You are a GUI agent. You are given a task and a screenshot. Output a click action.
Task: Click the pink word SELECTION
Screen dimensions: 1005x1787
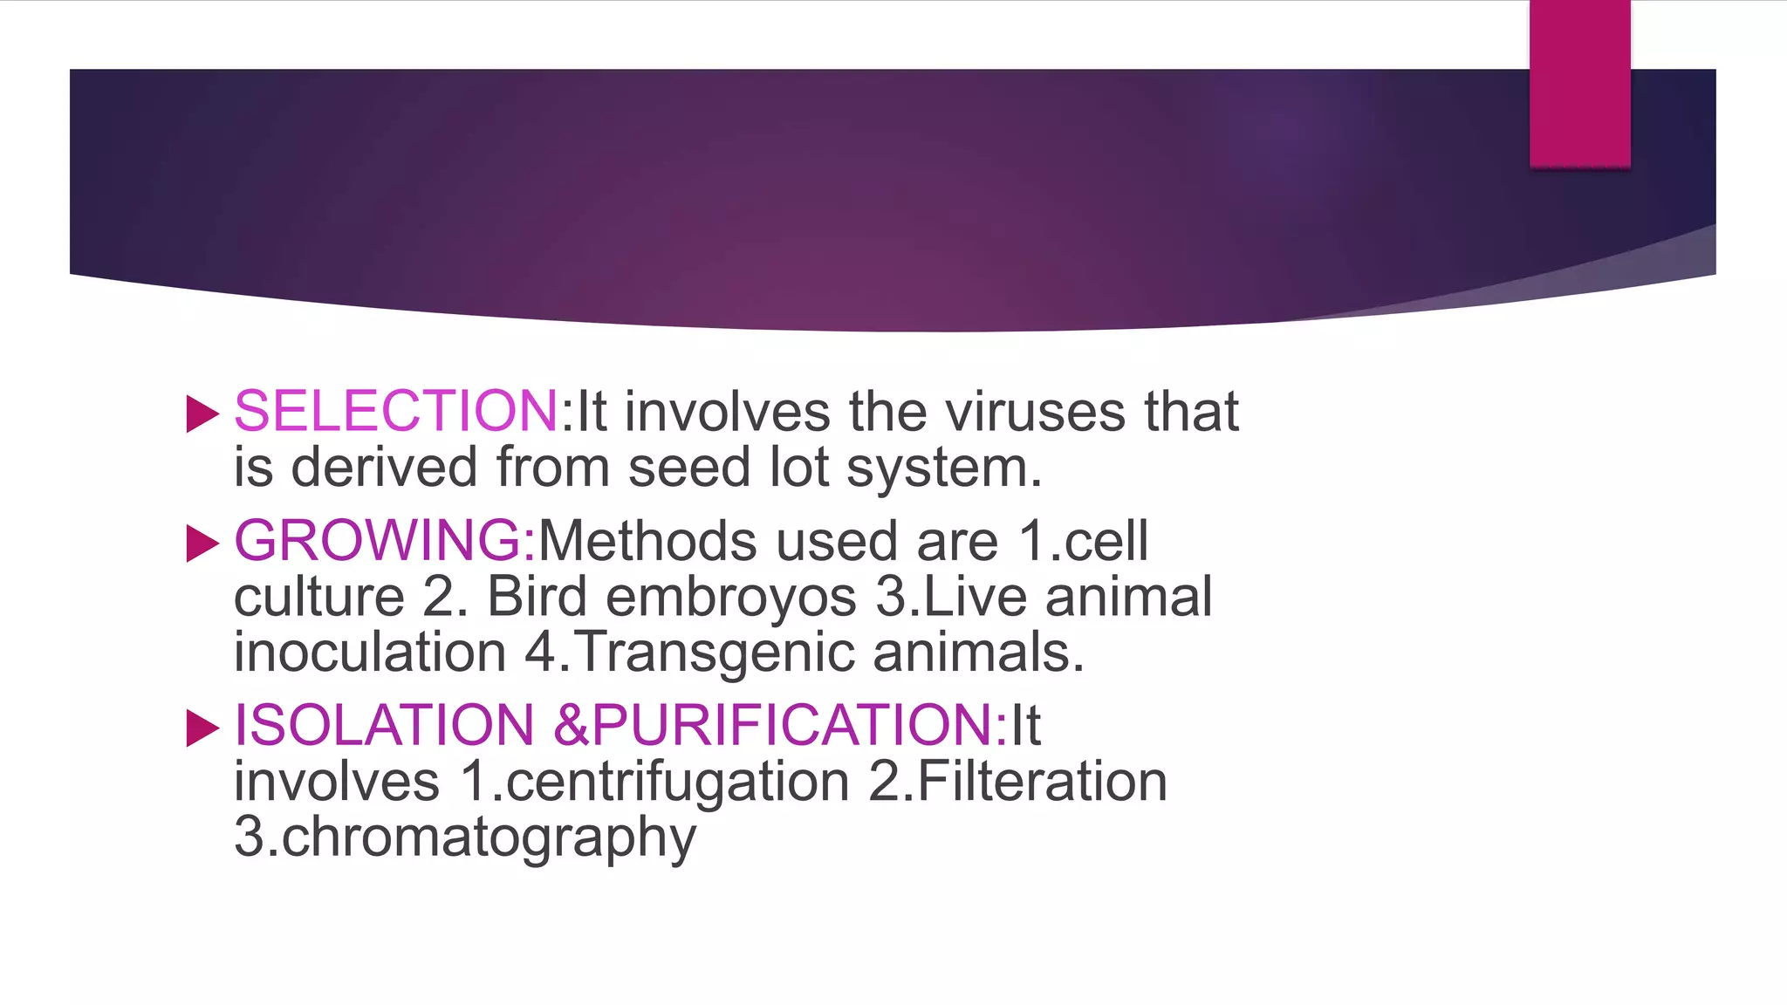coord(395,411)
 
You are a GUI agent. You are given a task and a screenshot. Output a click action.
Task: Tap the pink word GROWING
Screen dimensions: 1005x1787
coord(378,540)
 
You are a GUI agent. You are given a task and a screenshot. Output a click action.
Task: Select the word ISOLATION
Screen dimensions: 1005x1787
coord(384,725)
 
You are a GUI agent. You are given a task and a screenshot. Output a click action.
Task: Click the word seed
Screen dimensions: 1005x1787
coord(689,468)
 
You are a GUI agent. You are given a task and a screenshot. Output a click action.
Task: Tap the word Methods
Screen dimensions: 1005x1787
coord(647,541)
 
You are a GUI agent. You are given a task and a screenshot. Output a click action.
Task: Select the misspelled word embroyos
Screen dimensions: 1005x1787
coord(731,598)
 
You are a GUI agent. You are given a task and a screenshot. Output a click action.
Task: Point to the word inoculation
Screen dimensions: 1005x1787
coord(370,653)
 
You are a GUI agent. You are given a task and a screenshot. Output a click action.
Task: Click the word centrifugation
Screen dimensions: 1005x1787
coord(676,782)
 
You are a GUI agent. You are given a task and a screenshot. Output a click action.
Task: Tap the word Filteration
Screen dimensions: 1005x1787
coord(1042,781)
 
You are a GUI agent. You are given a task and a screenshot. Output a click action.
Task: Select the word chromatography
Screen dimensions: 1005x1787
coord(489,838)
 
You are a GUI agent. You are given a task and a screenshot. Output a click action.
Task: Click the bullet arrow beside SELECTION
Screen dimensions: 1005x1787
coord(202,414)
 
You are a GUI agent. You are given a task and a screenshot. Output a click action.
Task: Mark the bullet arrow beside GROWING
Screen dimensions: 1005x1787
coord(202,544)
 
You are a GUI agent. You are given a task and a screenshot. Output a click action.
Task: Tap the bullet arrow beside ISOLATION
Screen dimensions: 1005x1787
coord(202,728)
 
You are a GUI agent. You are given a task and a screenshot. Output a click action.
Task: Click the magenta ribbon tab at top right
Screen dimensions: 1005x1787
coord(1579,83)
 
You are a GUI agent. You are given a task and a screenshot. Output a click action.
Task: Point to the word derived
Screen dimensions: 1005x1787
coord(384,468)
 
